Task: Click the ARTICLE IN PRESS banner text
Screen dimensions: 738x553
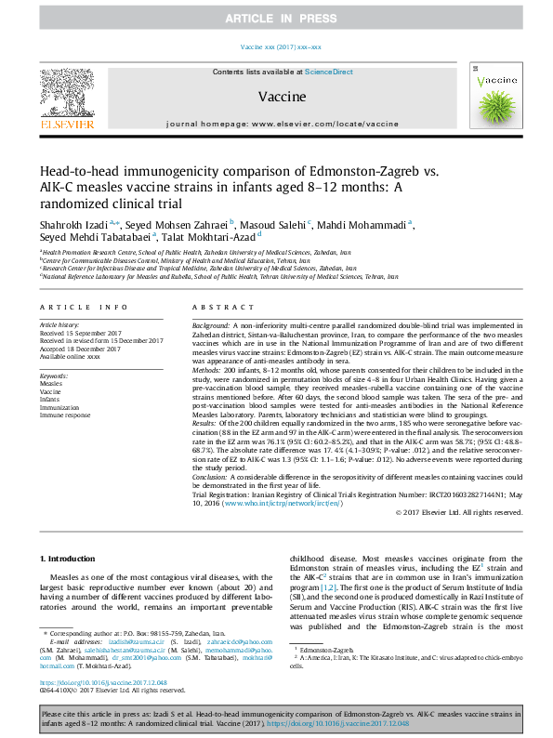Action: pyautogui.click(x=276, y=18)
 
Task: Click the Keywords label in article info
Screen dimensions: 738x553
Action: pyautogui.click(x=55, y=376)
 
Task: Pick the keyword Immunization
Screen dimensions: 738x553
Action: pyautogui.click(x=60, y=407)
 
